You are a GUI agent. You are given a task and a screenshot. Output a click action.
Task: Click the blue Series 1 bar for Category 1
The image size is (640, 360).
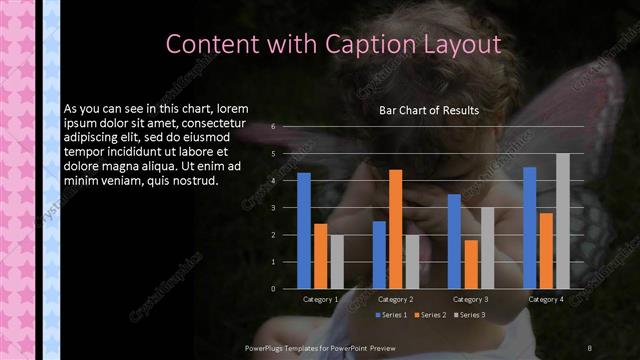tap(304, 231)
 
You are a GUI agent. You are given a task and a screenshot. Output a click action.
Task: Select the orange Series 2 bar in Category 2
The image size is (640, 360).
tap(395, 229)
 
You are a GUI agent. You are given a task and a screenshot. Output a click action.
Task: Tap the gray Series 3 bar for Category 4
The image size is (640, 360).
tap(562, 221)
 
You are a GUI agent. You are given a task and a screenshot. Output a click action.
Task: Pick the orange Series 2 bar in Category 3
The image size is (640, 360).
tap(470, 264)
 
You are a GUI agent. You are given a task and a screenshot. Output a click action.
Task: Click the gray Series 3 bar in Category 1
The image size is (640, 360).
tap(337, 262)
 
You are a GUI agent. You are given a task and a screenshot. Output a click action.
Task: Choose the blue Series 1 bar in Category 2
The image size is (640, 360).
tap(379, 255)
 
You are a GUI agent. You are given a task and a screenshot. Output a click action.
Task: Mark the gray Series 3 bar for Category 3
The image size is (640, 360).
tap(487, 248)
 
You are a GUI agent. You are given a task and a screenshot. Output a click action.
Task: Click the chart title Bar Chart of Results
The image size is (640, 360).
tap(429, 110)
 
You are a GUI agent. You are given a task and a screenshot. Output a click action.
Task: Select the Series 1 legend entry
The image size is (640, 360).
tap(391, 315)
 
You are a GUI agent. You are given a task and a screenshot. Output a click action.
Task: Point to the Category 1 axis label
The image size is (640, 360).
tap(321, 299)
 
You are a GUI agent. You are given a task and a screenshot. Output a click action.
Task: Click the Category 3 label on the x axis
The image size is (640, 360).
tap(470, 299)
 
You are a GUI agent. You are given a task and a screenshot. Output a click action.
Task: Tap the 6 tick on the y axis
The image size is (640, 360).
tap(273, 127)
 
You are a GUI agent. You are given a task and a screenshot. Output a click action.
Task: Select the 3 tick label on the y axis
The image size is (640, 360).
tap(273, 208)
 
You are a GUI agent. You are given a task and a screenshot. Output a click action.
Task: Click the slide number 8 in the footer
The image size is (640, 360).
tap(589, 347)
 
